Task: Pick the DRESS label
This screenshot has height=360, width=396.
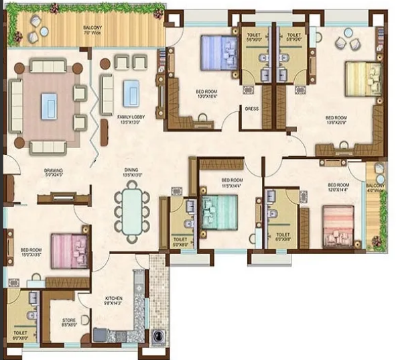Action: [x=252, y=108]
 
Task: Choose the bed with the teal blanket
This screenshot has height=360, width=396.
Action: [x=219, y=212]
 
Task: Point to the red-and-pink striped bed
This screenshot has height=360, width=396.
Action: [x=340, y=227]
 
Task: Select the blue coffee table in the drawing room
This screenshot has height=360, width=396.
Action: [x=49, y=105]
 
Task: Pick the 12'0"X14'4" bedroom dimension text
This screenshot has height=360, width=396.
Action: [x=338, y=189]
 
